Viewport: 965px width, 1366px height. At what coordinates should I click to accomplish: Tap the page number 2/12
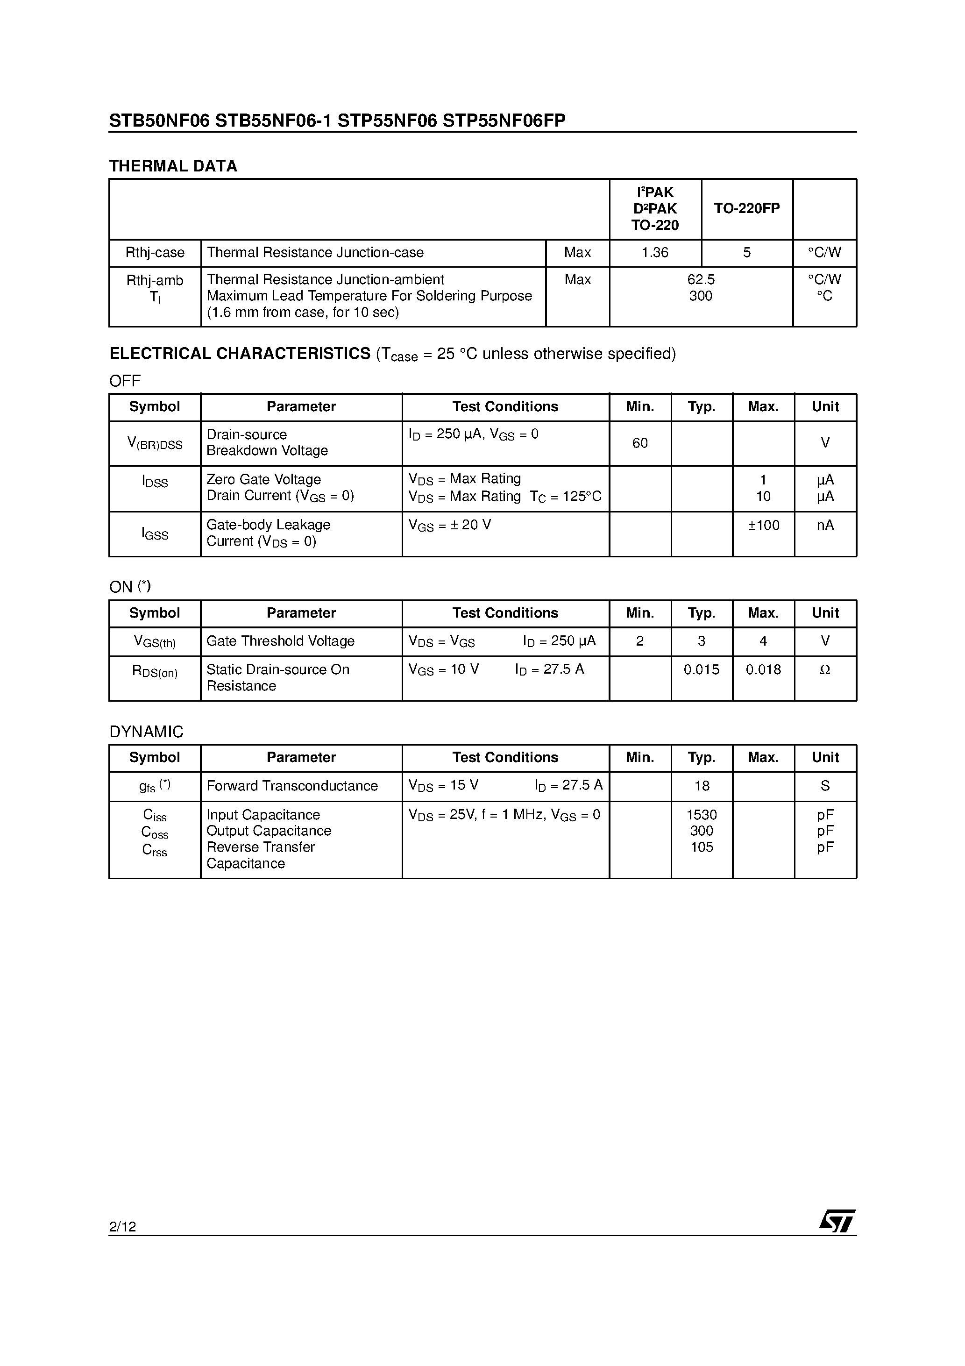(122, 1226)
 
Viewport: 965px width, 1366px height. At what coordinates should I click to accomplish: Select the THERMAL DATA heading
(173, 166)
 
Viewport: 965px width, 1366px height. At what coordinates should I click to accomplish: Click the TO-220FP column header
(747, 208)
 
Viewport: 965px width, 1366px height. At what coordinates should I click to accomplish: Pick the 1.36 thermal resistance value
(655, 252)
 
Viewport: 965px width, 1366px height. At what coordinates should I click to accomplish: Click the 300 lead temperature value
(701, 296)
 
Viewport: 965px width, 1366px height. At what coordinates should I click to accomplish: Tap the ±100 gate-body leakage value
(763, 525)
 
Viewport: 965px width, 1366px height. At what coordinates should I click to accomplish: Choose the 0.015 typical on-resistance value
(702, 669)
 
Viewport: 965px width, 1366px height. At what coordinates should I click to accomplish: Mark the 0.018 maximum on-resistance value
(763, 669)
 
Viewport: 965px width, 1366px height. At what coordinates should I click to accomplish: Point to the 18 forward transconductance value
(702, 786)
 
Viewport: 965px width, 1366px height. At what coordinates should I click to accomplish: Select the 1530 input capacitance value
(702, 814)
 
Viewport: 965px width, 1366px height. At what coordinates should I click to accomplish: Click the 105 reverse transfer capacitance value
(702, 847)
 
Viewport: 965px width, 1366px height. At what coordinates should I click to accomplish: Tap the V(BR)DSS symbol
(155, 443)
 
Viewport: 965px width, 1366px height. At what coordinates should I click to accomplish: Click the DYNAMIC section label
(146, 732)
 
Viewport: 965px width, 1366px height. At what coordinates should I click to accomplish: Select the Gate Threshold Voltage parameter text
(280, 641)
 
